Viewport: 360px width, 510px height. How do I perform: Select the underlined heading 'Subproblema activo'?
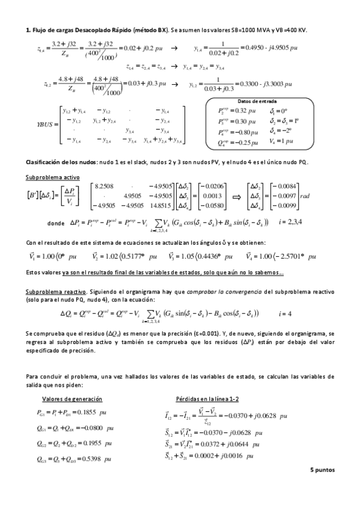[x=48, y=178]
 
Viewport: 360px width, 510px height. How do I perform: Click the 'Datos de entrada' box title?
[x=258, y=101]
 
